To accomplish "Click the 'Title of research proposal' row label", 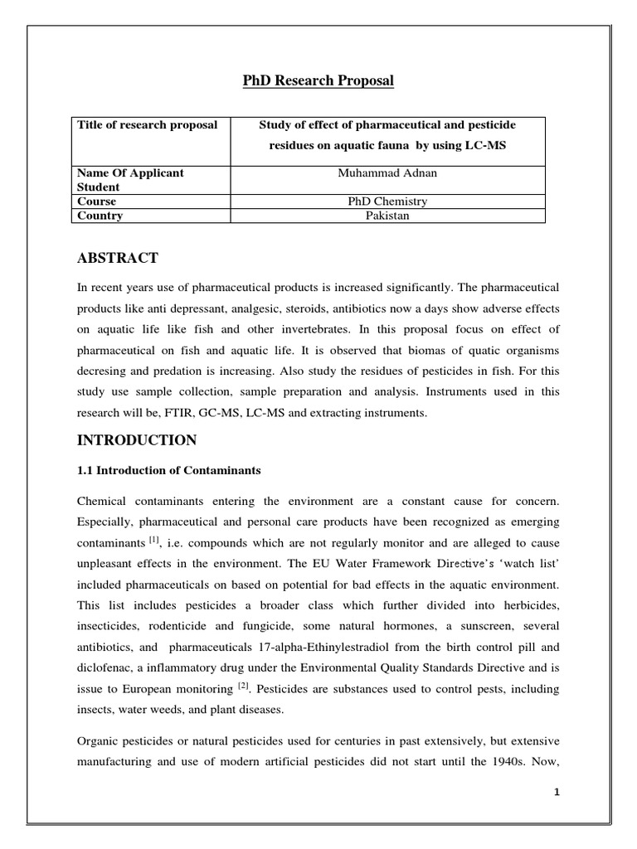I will click(x=147, y=124).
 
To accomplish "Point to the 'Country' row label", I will click(x=100, y=216).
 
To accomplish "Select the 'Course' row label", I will click(x=96, y=201).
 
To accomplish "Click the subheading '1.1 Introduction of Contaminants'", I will click(x=168, y=470).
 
